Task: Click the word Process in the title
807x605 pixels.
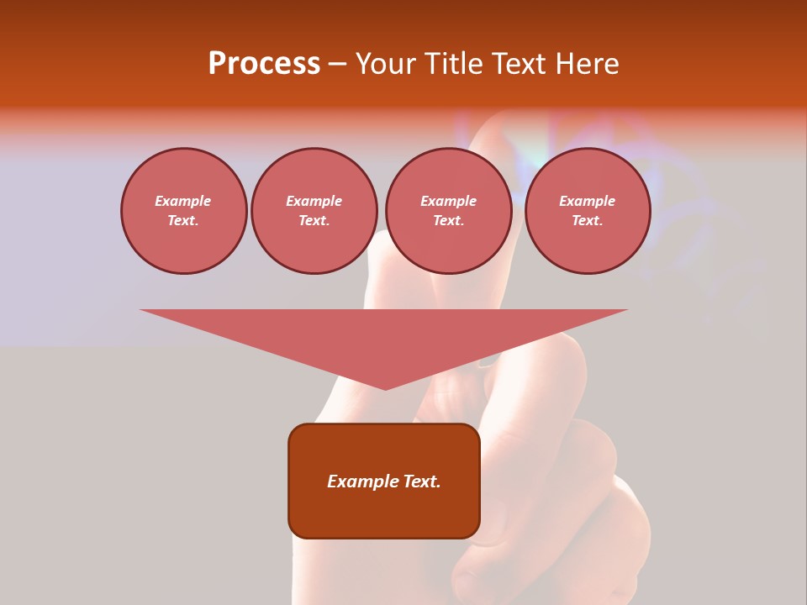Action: tap(264, 64)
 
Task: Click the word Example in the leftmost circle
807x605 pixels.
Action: tap(183, 201)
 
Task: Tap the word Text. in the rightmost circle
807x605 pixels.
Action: tap(587, 220)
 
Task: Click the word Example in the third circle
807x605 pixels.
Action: tap(448, 201)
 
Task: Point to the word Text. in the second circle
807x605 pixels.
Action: tap(314, 220)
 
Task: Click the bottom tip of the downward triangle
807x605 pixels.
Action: tap(385, 388)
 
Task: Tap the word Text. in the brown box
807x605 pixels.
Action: tap(423, 481)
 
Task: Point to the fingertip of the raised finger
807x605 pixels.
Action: tap(496, 126)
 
